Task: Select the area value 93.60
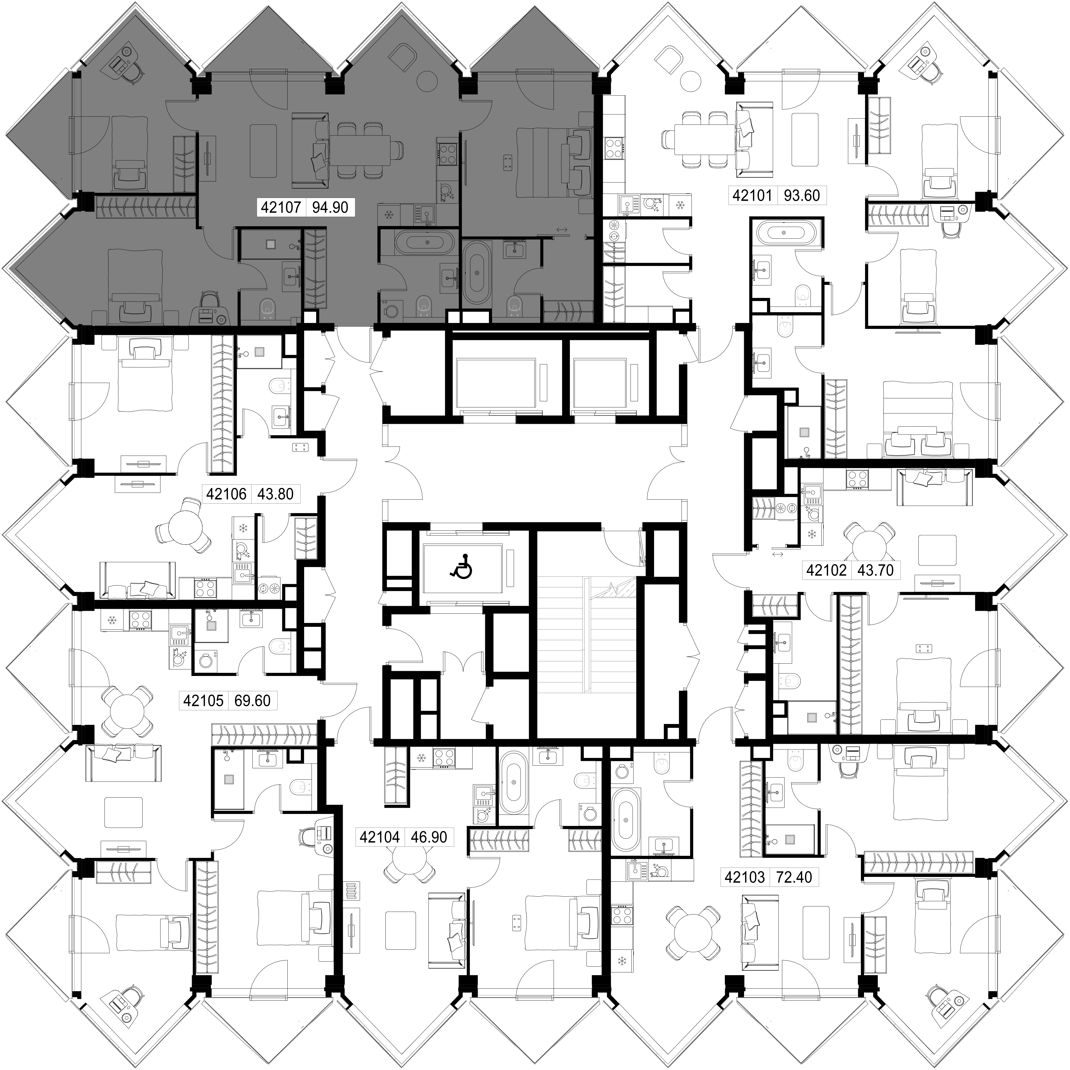(802, 196)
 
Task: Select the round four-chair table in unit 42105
(127, 712)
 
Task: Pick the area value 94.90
(330, 208)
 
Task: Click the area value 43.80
(275, 493)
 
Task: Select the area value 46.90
(429, 837)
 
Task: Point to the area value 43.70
(876, 570)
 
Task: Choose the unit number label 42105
(203, 701)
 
